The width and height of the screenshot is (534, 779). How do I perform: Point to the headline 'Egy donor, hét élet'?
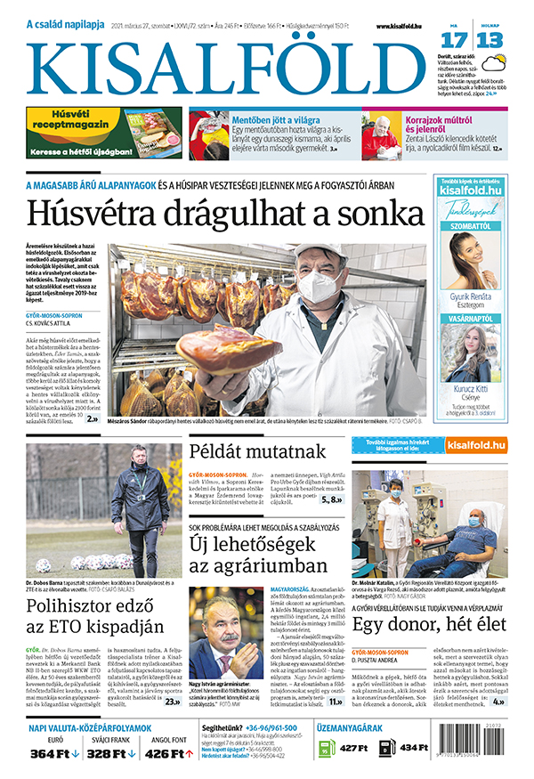pyautogui.click(x=428, y=624)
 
